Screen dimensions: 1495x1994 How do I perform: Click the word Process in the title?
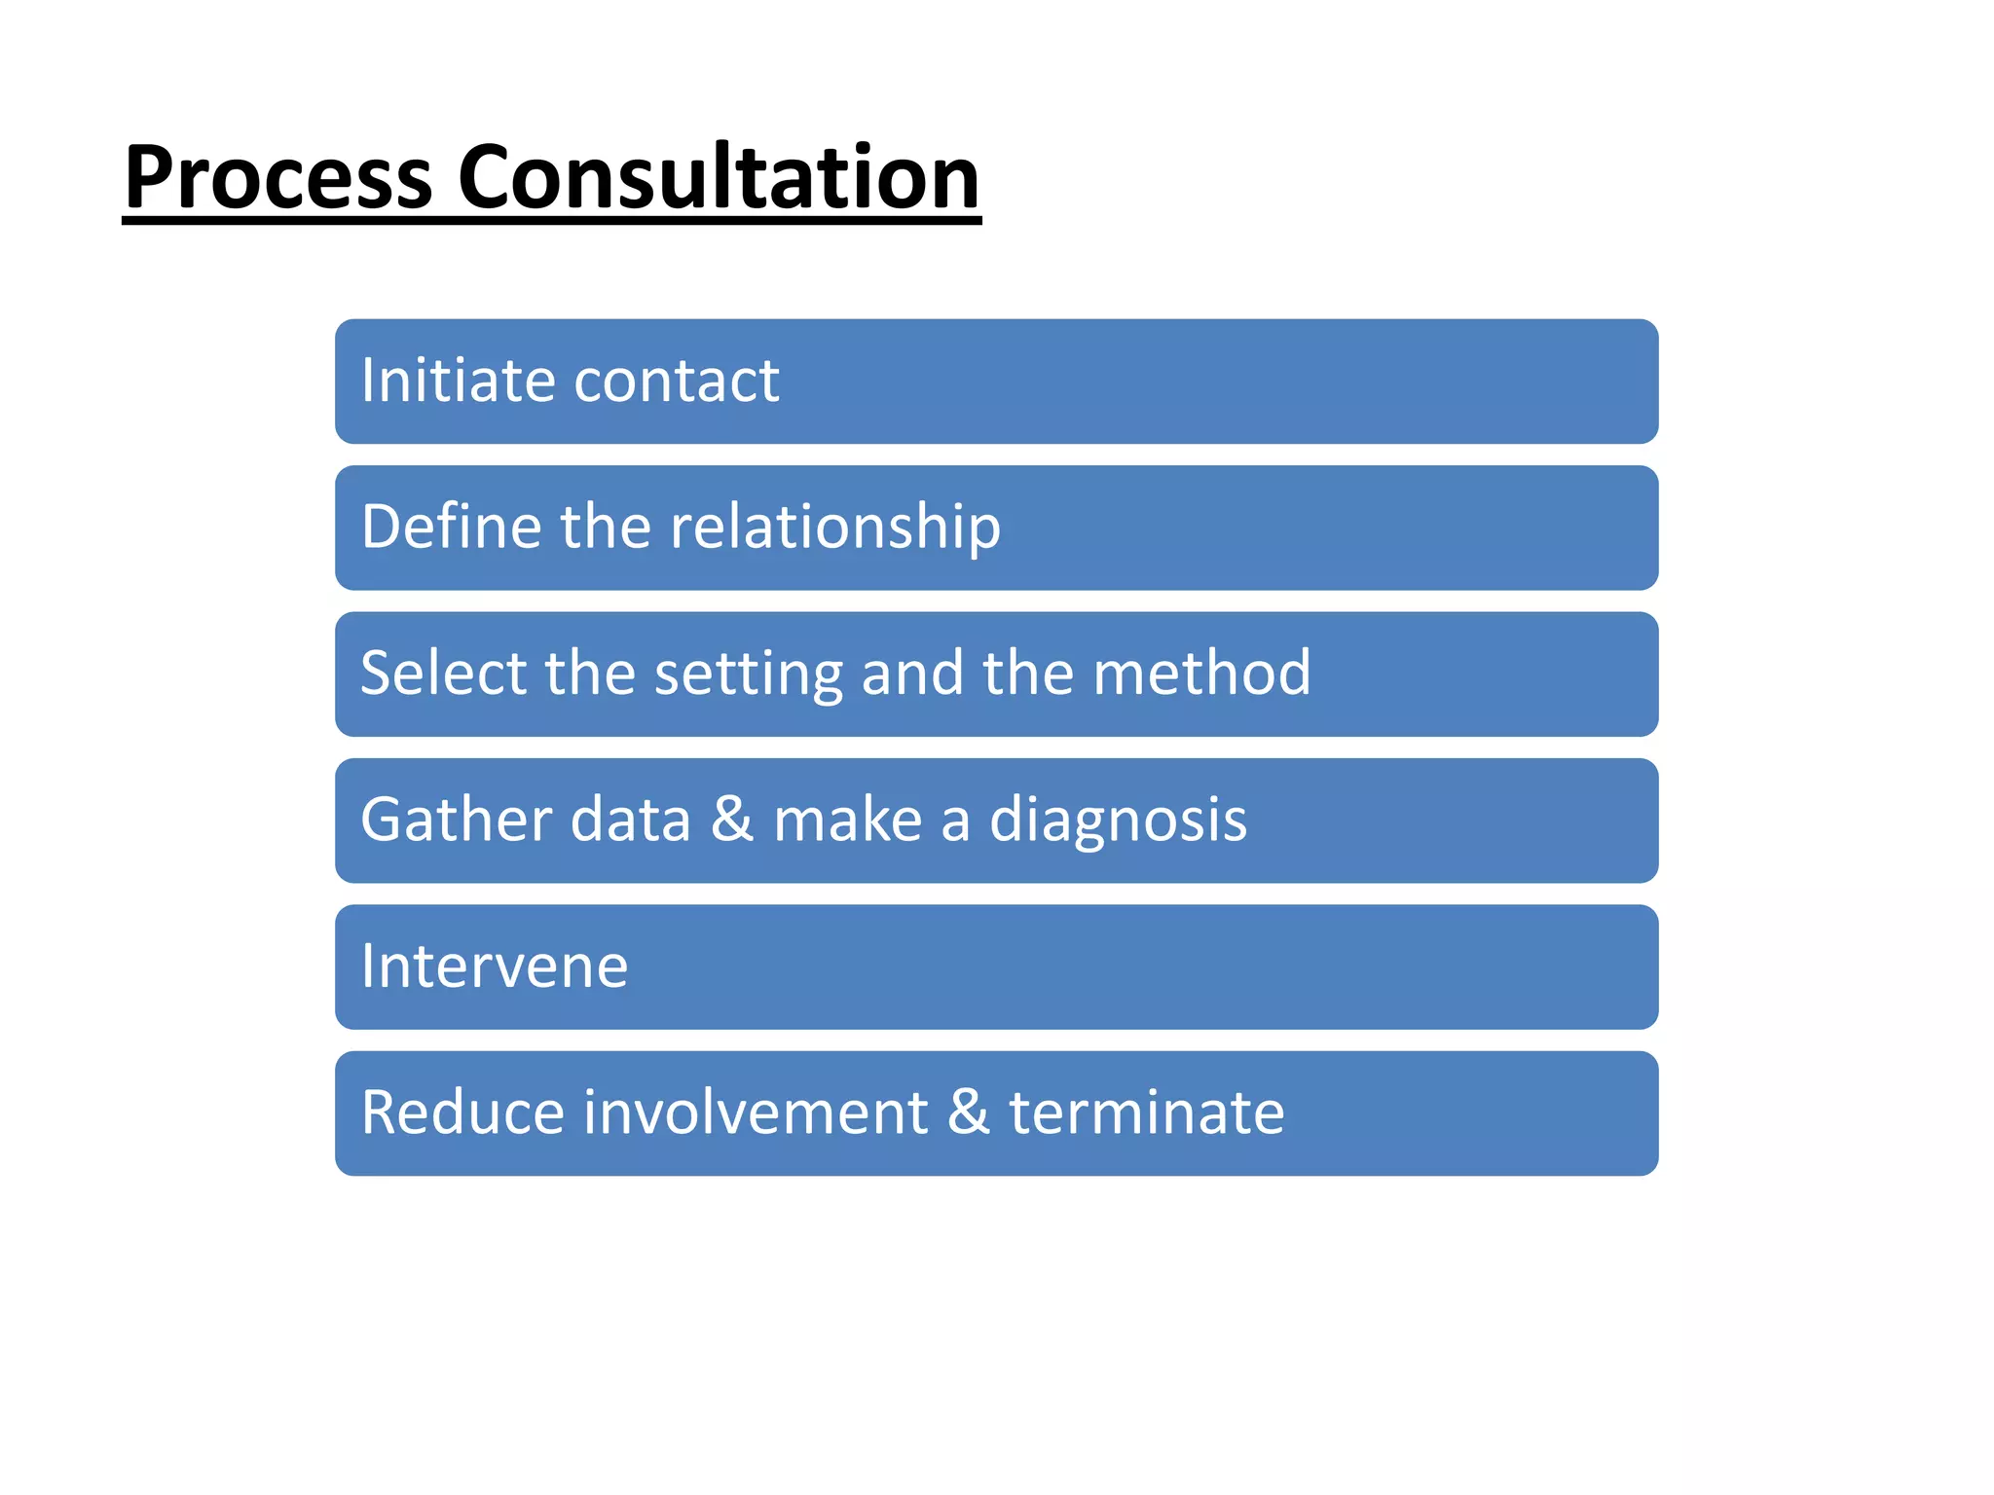(278, 178)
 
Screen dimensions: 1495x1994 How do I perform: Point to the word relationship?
(835, 529)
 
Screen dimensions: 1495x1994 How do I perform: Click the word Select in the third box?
(443, 673)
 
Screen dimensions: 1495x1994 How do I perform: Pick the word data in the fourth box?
(630, 820)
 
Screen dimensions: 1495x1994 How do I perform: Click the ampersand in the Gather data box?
(732, 820)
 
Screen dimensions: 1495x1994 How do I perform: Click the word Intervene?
(495, 966)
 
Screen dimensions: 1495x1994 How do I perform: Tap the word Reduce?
(462, 1112)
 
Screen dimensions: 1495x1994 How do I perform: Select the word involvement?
(756, 1112)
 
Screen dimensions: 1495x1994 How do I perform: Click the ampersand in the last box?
(969, 1112)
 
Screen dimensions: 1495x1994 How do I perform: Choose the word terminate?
(1147, 1112)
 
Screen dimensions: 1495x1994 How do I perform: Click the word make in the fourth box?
(847, 820)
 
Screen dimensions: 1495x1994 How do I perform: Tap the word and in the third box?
(912, 673)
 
